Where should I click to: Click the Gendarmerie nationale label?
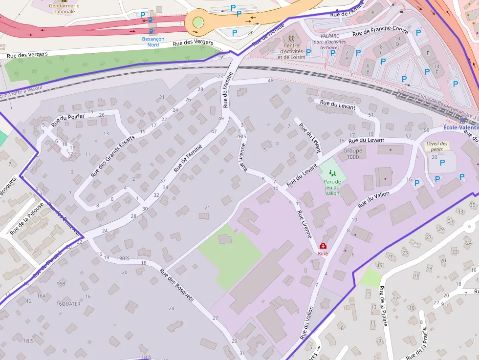click(x=64, y=8)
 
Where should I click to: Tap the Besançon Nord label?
click(x=153, y=42)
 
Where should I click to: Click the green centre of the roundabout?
click(x=198, y=22)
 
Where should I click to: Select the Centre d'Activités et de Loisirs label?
click(x=291, y=51)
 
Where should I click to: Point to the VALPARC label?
click(x=329, y=36)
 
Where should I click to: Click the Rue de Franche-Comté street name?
click(x=380, y=31)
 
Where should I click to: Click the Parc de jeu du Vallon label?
click(x=332, y=187)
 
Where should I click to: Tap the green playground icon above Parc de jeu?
click(x=332, y=172)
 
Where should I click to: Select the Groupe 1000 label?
click(x=352, y=154)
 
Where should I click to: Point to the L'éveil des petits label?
click(x=436, y=146)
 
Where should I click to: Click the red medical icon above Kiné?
click(x=323, y=246)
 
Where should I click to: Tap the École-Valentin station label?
click(x=460, y=127)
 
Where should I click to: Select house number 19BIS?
click(x=123, y=258)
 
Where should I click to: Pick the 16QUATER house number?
click(x=68, y=303)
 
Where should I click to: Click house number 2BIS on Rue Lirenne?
click(x=241, y=137)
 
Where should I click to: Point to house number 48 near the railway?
click(x=270, y=80)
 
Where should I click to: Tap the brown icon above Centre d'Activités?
click(x=292, y=38)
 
